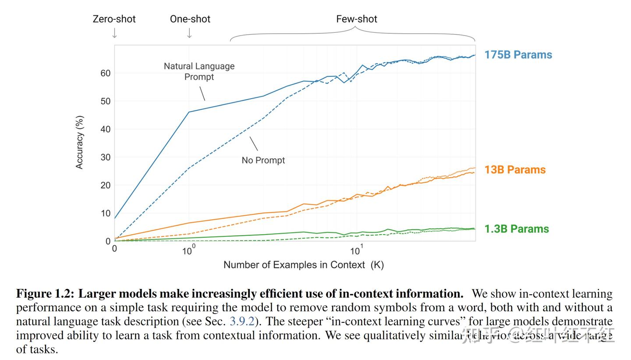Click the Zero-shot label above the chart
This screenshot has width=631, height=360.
(x=114, y=19)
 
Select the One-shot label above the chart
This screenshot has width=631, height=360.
(x=190, y=19)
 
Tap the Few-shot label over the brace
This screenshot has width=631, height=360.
(x=356, y=19)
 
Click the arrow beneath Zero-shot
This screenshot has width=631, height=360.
(x=114, y=33)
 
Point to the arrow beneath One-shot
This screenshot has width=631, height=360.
(x=189, y=33)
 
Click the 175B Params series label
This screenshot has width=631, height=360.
(x=518, y=55)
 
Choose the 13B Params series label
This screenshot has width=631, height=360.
(x=515, y=170)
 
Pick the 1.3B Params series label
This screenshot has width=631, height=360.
(x=516, y=229)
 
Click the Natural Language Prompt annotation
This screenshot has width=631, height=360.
(x=199, y=71)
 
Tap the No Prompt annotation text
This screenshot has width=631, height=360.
(x=263, y=160)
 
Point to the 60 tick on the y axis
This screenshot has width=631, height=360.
(x=105, y=73)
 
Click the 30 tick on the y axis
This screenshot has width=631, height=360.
(x=105, y=157)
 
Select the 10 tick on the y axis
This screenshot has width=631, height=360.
(x=105, y=214)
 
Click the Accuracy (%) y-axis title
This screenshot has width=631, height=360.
(x=79, y=142)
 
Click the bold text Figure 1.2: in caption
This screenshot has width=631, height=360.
(x=45, y=294)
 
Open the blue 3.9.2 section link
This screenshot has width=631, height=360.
(x=242, y=321)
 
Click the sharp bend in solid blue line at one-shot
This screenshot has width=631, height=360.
(x=189, y=112)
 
